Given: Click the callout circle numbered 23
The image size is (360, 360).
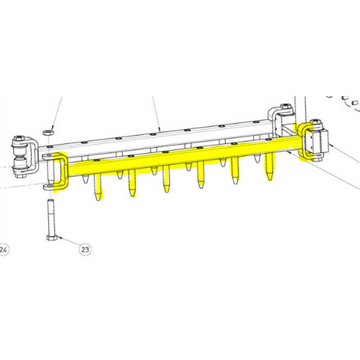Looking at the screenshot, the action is [x=85, y=249].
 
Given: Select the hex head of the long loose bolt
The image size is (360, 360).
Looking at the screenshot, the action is [x=52, y=238].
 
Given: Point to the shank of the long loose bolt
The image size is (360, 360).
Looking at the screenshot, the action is [x=51, y=217].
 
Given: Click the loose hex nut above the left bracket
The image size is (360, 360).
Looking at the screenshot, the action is [x=48, y=132].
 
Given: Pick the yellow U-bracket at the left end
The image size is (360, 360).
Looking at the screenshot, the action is [x=61, y=171].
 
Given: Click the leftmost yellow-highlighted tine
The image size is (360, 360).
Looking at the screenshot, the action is [x=98, y=187].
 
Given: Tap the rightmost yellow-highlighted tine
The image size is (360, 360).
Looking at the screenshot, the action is [x=269, y=167].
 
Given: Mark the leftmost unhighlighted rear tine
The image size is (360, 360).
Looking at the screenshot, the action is [x=85, y=179].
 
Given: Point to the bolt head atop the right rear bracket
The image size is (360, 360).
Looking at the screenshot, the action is [x=286, y=106].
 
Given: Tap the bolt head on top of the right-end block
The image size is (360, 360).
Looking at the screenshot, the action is [x=316, y=122].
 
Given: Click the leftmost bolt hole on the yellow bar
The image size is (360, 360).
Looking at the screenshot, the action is [x=97, y=160].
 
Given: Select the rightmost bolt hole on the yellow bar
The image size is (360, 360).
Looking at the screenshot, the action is [x=268, y=139].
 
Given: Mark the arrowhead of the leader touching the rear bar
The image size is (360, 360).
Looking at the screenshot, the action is [x=159, y=129].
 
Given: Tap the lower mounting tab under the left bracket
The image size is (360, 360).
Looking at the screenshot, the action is [x=49, y=186].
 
